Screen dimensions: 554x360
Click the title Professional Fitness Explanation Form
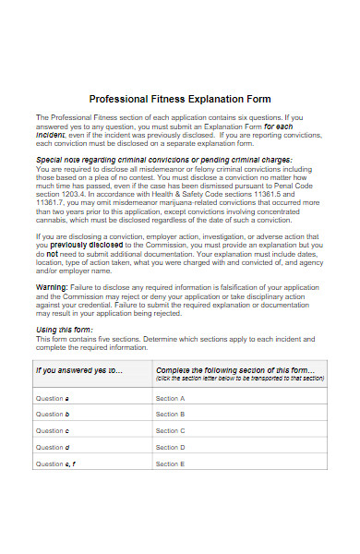pos(180,98)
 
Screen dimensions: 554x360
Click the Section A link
pos(171,398)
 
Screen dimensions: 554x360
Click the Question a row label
pos(53,398)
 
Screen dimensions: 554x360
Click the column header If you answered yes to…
pos(78,370)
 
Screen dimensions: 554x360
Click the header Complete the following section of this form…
pos(239,368)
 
